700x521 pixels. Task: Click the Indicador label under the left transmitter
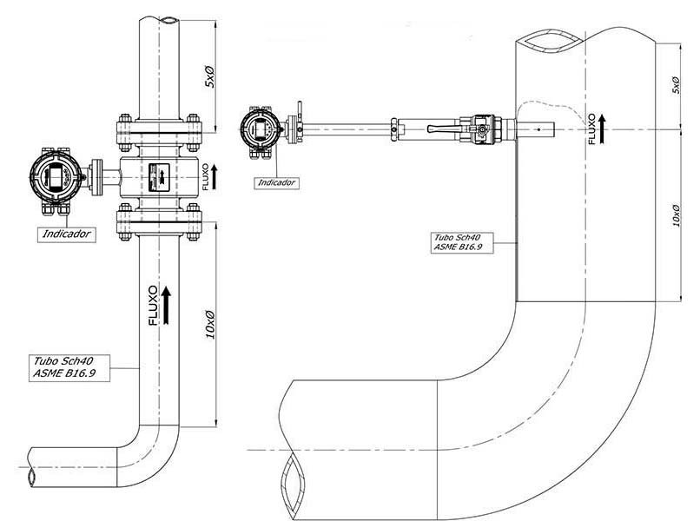pyautogui.click(x=67, y=234)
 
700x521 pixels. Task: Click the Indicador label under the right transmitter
pyautogui.click(x=277, y=182)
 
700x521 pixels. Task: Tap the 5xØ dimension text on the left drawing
pyautogui.click(x=209, y=76)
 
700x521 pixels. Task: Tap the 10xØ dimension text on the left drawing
pyautogui.click(x=210, y=325)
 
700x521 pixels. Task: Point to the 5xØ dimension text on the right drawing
pyautogui.click(x=677, y=84)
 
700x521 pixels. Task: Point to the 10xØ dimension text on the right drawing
pyautogui.click(x=677, y=215)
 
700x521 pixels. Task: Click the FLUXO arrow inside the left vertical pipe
pyautogui.click(x=167, y=305)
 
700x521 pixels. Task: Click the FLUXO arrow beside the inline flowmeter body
pyautogui.click(x=215, y=176)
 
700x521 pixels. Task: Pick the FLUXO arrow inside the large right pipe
pyautogui.click(x=602, y=129)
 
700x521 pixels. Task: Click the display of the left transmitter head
pyautogui.click(x=56, y=175)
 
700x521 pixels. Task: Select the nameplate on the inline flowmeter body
pyautogui.click(x=159, y=177)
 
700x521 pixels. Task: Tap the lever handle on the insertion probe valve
pyautogui.click(x=443, y=129)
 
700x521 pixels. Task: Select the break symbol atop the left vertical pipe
pyautogui.click(x=169, y=21)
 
